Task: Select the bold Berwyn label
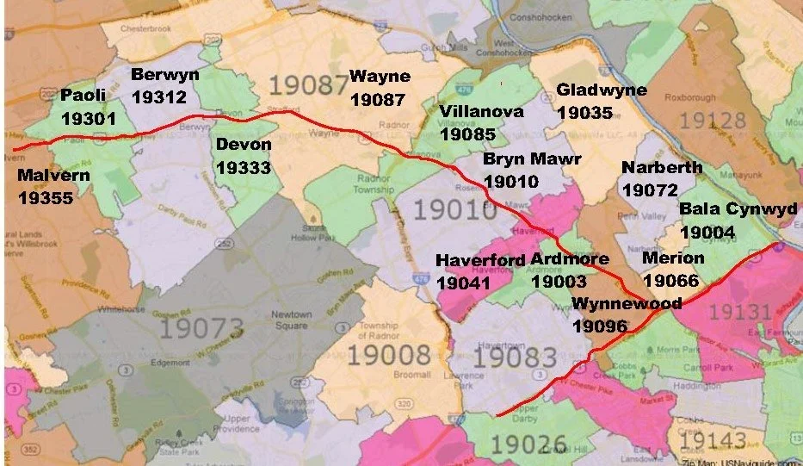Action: (164, 75)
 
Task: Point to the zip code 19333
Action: (243, 166)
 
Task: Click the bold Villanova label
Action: (479, 111)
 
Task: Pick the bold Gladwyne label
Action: (601, 90)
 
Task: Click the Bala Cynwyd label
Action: (738, 209)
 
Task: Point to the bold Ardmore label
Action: (569, 259)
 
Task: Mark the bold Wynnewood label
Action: (627, 303)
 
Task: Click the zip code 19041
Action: (464, 282)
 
